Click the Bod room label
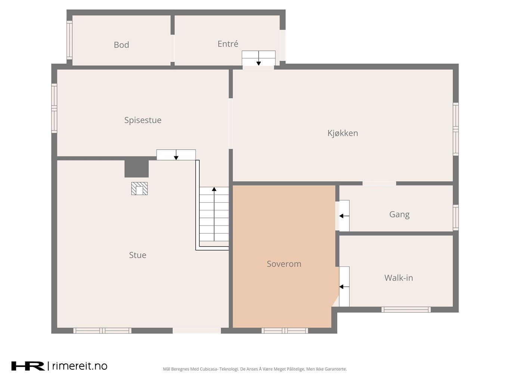(121, 45)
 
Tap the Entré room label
(228, 44)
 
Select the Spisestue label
(143, 120)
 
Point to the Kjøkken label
(343, 133)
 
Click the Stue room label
(137, 255)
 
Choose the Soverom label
(284, 264)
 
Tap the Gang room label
(399, 215)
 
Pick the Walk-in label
(399, 278)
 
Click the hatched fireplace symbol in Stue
(139, 188)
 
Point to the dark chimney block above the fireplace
(137, 169)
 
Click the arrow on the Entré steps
(259, 58)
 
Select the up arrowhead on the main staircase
(214, 189)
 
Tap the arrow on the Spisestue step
(176, 155)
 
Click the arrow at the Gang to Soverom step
(344, 216)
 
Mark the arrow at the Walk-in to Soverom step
(344, 287)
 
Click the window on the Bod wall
(69, 40)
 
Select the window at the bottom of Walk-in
(406, 309)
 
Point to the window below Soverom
(285, 331)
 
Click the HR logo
(28, 366)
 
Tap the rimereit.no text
(80, 366)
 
